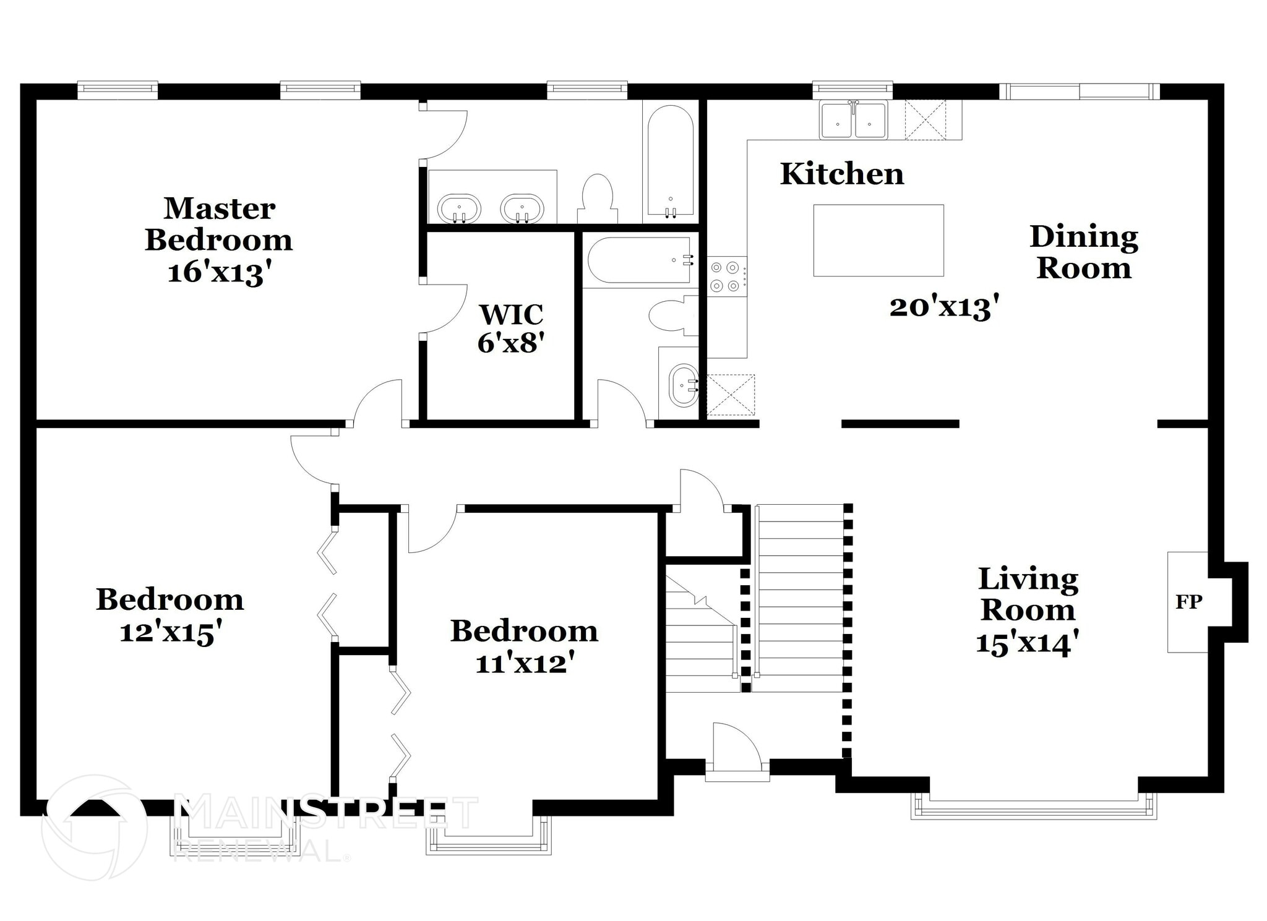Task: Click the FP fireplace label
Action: pyautogui.click(x=1188, y=601)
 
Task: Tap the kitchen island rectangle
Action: pyautogui.click(x=878, y=240)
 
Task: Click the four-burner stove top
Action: pyautogui.click(x=725, y=276)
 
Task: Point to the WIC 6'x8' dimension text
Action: pyautogui.click(x=510, y=342)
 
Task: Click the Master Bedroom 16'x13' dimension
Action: pyautogui.click(x=220, y=272)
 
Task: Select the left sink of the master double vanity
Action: pyautogui.click(x=459, y=208)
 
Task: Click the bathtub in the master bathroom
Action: pyautogui.click(x=671, y=162)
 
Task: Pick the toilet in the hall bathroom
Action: pyautogui.click(x=672, y=315)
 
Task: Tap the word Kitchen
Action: pyautogui.click(x=842, y=174)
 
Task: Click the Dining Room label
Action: pyautogui.click(x=1084, y=252)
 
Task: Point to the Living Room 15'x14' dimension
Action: pyautogui.click(x=1028, y=643)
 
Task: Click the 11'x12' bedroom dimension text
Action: pyautogui.click(x=525, y=664)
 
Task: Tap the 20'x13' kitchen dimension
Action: pyautogui.click(x=944, y=306)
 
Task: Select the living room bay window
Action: pyautogui.click(x=1033, y=807)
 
